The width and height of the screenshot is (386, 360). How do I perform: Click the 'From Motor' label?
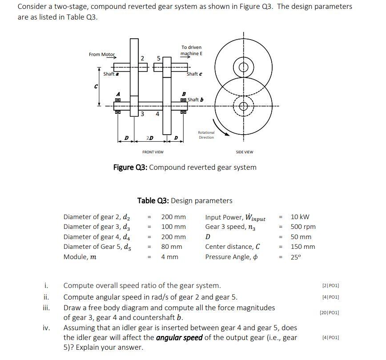102,54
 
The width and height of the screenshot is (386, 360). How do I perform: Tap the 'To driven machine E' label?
191,50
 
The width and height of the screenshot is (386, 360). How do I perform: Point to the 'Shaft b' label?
196,99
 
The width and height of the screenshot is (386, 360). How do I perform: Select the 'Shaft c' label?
194,74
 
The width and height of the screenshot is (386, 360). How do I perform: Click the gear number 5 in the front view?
158,58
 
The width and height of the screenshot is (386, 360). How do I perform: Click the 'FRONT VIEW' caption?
153,152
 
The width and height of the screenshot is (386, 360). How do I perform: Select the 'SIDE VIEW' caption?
244,152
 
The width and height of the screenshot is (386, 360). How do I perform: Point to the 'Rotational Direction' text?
206,135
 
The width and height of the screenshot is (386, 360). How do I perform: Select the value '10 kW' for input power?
300,217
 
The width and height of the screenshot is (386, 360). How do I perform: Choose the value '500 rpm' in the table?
303,227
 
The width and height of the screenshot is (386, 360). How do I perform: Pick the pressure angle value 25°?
297,257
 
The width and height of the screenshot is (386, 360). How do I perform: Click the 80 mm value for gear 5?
171,247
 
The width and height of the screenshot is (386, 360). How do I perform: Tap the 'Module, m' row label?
80,257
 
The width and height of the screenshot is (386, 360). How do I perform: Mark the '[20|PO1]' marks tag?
329,313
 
